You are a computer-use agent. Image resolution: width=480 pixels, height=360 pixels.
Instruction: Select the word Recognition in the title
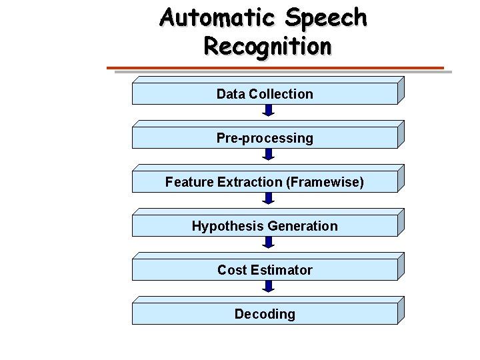tap(267, 47)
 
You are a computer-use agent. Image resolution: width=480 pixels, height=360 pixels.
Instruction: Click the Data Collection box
tap(265, 94)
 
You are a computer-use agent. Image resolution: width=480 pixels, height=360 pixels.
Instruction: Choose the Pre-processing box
tap(265, 138)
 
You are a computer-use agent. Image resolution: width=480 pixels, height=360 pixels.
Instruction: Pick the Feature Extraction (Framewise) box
tap(265, 182)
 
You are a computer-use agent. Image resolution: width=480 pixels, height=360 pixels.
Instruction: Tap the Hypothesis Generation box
tap(265, 226)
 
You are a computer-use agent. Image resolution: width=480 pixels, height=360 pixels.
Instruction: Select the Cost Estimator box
tap(265, 270)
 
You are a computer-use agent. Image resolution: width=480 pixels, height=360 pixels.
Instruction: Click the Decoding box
tap(265, 314)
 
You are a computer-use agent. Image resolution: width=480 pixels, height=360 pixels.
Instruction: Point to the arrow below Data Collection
tap(268, 111)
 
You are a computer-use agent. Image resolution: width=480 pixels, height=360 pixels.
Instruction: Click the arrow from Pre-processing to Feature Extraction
tap(268, 155)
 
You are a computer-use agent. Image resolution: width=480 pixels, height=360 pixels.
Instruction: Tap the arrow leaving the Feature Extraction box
tap(268, 199)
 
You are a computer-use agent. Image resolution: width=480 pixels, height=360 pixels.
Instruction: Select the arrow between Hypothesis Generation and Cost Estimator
tap(268, 243)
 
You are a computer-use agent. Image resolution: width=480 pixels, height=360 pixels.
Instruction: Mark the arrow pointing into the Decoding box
tap(268, 287)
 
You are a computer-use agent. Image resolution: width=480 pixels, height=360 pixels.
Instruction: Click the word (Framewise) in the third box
tap(325, 182)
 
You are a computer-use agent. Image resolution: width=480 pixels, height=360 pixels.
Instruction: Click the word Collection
tap(281, 94)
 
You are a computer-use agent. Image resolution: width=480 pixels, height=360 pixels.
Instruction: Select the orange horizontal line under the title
tap(275, 68)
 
